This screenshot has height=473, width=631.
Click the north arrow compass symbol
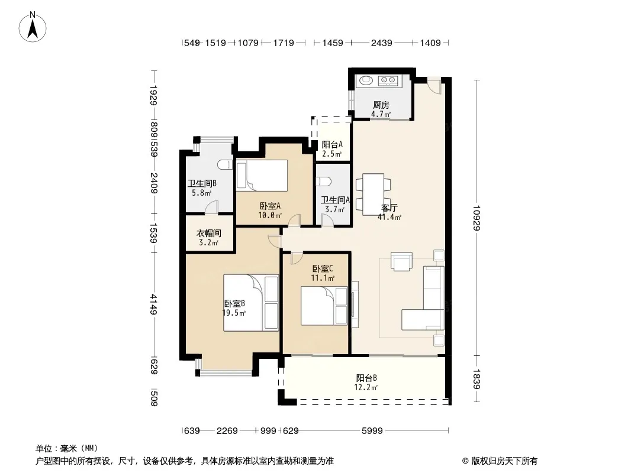[33, 27]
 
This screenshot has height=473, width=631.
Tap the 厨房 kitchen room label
[381, 105]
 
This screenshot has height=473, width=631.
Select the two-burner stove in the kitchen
[388, 81]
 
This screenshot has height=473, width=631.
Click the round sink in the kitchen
[366, 80]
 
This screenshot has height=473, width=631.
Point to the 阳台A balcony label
[332, 144]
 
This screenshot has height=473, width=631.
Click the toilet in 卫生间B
[225, 164]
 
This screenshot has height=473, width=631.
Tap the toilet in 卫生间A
[324, 182]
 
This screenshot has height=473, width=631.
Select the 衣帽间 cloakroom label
[208, 233]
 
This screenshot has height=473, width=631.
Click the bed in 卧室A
[262, 175]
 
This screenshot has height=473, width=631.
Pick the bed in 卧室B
[251, 303]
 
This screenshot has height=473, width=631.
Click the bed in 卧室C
[324, 306]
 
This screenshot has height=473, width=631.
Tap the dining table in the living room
[373, 194]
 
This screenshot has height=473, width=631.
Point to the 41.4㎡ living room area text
[389, 218]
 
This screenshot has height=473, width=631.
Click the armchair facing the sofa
[401, 261]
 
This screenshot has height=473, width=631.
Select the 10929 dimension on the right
[477, 218]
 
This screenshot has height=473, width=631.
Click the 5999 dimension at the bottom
[372, 431]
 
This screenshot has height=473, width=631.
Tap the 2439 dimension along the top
[381, 43]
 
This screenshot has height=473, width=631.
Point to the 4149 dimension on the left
[153, 304]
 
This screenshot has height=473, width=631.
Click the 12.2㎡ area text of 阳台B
[366, 387]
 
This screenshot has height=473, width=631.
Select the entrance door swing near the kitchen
[434, 85]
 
